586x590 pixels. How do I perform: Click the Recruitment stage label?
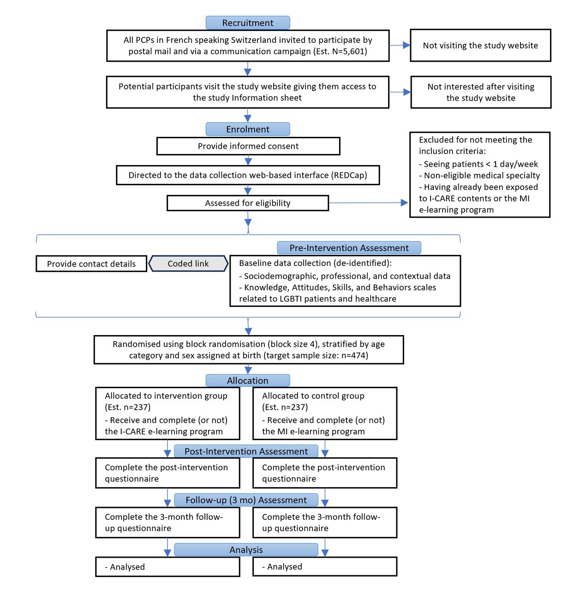coord(247,23)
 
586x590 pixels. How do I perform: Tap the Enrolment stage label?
coord(247,129)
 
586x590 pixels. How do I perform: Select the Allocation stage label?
coord(247,380)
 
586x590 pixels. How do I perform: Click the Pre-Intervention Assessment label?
coord(349,248)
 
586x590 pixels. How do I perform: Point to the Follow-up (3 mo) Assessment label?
coord(246,500)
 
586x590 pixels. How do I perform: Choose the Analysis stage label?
coord(246,549)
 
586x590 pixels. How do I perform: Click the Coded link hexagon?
coord(188,264)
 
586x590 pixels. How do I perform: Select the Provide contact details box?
coord(91,264)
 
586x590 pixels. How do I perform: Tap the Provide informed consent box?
coord(248,146)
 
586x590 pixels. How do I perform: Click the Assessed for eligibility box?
coord(248,203)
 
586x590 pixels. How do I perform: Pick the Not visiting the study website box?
coord(480,45)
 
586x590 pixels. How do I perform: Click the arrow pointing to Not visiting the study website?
coord(400,45)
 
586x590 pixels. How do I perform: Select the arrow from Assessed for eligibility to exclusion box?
coord(368,202)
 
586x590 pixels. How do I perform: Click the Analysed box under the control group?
coord(325,566)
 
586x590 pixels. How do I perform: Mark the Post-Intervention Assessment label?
coord(246,451)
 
